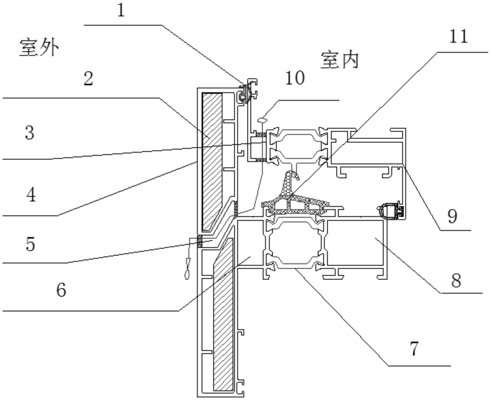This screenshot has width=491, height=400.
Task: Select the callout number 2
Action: tap(88, 79)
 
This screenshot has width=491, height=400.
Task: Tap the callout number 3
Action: tap(30, 133)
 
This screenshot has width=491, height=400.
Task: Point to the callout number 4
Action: tap(31, 195)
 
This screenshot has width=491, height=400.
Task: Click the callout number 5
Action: tap(30, 244)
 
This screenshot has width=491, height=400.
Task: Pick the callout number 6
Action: tap(61, 290)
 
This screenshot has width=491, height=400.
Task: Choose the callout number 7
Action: tap(414, 348)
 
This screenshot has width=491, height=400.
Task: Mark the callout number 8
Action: tap(456, 281)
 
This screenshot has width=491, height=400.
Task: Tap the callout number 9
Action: tap(452, 216)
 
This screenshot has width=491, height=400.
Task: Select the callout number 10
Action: tap(295, 78)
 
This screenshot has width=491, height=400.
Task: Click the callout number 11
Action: tap(458, 36)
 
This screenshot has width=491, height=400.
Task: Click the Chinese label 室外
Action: tap(39, 48)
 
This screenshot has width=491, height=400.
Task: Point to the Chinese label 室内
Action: tap(339, 60)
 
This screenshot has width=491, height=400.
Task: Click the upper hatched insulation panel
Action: tap(212, 161)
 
